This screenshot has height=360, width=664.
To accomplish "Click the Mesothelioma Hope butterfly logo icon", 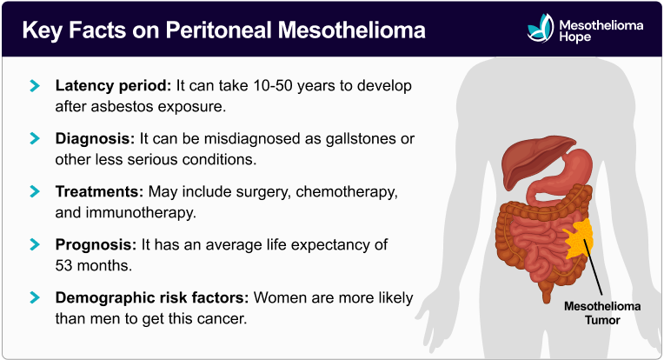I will click(x=539, y=30).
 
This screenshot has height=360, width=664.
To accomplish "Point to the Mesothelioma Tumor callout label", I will click(x=600, y=313).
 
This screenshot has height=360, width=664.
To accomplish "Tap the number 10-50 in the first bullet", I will click(x=271, y=87).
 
